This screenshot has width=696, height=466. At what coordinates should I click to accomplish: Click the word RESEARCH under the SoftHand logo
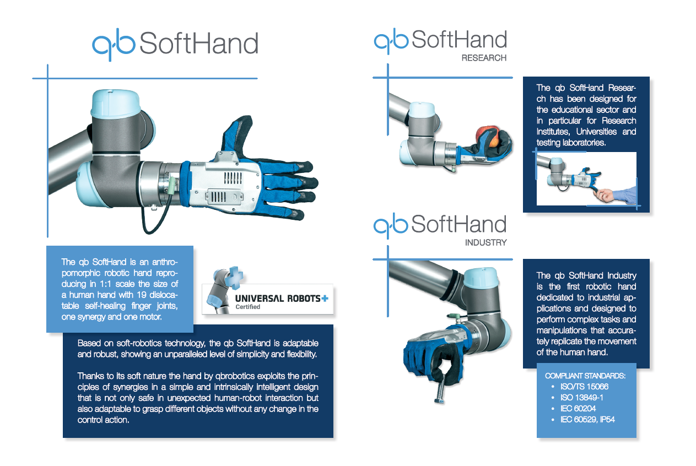(x=484, y=58)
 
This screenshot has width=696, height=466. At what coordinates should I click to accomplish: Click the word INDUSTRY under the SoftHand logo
(x=485, y=242)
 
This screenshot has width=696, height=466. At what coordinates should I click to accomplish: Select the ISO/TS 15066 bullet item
(x=584, y=387)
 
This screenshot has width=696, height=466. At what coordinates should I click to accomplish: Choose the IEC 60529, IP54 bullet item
(x=587, y=419)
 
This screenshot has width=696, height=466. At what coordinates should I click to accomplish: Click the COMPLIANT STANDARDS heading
(x=585, y=376)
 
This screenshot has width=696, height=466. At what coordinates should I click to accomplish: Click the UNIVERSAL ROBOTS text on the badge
(x=278, y=299)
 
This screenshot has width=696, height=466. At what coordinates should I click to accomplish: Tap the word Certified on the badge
(x=247, y=307)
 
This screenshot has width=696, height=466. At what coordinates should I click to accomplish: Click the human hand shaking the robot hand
(x=605, y=196)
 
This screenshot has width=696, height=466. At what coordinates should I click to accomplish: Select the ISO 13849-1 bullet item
(x=582, y=398)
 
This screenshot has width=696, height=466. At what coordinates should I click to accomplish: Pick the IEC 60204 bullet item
(x=578, y=409)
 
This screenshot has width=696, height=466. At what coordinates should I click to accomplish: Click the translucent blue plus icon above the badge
(x=234, y=277)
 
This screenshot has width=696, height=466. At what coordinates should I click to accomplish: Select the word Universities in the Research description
(x=596, y=132)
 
